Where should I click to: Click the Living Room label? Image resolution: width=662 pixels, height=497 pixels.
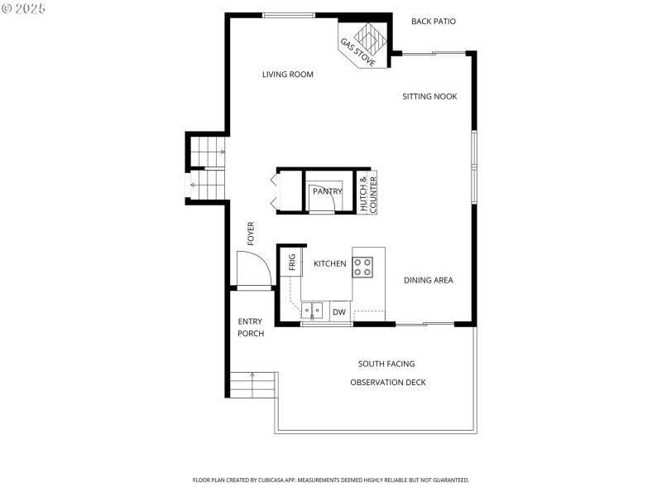coord(288,75)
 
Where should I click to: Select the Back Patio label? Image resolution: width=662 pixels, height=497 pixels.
coord(434,22)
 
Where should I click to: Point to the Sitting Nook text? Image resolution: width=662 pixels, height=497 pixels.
coord(429,97)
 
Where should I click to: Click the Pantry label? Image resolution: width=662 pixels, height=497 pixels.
coord(327,191)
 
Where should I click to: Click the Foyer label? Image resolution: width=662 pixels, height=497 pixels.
coord(251,234)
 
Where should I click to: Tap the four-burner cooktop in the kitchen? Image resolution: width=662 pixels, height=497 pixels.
coord(363,267)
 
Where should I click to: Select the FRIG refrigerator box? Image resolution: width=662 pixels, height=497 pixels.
coord(292,263)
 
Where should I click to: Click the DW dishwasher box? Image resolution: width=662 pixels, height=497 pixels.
coord(339,312)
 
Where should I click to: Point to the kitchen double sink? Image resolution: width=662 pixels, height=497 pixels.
coord(314,311)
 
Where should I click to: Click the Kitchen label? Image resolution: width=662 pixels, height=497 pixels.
coord(329,263)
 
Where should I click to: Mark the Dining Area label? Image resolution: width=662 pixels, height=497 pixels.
coord(428,280)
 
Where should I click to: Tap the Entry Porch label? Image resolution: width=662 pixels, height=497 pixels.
coord(251,327)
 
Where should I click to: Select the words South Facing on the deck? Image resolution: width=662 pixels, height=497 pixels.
coord(386,364)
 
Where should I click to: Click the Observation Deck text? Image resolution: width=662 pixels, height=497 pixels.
coord(388,382)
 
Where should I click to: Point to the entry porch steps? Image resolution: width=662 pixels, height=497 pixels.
coord(252,385)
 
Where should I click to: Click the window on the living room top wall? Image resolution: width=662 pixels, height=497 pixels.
coord(289,15)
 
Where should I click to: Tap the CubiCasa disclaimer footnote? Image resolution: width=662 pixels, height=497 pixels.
coord(331,480)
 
